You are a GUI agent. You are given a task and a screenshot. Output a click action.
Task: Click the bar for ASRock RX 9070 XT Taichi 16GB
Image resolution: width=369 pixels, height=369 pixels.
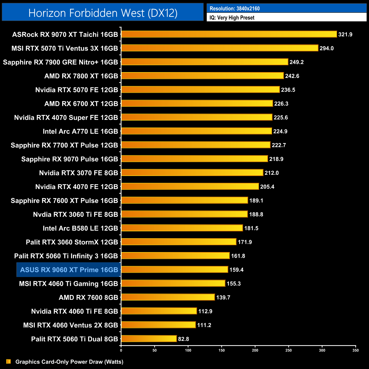pyautogui.click(x=229, y=34)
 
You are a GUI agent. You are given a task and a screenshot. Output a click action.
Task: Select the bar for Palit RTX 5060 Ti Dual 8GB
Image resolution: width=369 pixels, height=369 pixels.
pyautogui.click(x=149, y=339)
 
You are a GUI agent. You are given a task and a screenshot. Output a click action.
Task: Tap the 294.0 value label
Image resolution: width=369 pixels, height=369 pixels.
pyautogui.click(x=326, y=48)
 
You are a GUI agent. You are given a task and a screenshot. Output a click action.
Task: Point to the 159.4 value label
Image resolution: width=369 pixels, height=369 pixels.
pyautogui.click(x=236, y=270)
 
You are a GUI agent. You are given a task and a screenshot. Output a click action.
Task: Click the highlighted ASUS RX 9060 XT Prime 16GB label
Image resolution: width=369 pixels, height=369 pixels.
pyautogui.click(x=69, y=270)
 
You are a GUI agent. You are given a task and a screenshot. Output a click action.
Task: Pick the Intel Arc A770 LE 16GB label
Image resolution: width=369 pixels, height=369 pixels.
pyautogui.click(x=80, y=131)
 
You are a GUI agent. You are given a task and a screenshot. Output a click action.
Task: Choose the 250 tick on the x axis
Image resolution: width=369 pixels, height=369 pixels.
pyautogui.click(x=288, y=350)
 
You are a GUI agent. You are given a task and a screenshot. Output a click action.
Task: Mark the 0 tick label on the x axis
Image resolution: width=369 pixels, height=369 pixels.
pyautogui.click(x=121, y=350)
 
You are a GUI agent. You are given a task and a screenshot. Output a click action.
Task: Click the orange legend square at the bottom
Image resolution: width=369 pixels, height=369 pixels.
pyautogui.click(x=9, y=361)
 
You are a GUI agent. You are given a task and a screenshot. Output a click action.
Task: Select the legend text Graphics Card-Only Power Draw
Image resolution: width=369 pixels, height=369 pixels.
pyautogui.click(x=69, y=362)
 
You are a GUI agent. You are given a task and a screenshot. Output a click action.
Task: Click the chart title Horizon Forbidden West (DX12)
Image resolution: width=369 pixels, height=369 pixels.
pyautogui.click(x=103, y=13)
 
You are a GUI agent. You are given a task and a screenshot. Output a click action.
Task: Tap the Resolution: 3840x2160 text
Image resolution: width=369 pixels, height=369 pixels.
pyautogui.click(x=234, y=9)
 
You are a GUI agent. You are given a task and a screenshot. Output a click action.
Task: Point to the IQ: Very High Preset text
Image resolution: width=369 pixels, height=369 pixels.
pyautogui.click(x=232, y=18)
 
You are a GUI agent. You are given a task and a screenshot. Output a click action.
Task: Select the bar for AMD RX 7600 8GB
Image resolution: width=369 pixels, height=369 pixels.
pyautogui.click(x=168, y=297)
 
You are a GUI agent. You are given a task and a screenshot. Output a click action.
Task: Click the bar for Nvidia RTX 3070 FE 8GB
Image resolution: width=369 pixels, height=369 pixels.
pyautogui.click(x=192, y=173)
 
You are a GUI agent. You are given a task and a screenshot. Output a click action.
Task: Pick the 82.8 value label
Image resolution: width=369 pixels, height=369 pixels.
pyautogui.click(x=183, y=339)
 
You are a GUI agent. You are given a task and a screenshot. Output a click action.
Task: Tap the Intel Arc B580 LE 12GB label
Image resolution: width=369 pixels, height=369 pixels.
pyautogui.click(x=80, y=228)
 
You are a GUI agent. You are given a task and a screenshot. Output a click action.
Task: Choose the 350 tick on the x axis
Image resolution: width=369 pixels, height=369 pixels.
pyautogui.click(x=355, y=350)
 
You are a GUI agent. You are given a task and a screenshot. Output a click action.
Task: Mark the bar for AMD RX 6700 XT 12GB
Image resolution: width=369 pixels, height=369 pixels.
pyautogui.click(x=197, y=104)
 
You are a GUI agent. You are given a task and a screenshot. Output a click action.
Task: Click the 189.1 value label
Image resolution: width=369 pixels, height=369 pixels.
pyautogui.click(x=256, y=200)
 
